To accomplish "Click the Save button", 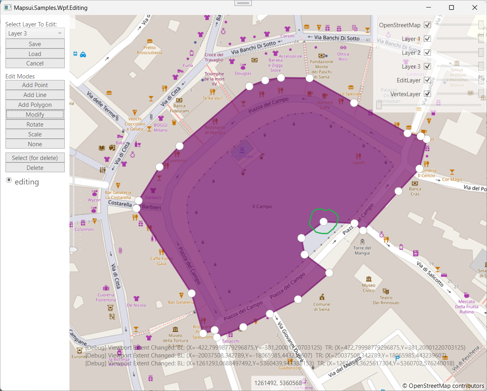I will [x=35, y=44].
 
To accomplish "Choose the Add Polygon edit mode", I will [x=35, y=105].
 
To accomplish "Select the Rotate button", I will [x=35, y=125].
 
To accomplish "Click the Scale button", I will [x=35, y=134].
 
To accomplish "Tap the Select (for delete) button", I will [x=35, y=158].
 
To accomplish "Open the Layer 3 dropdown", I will [x=35, y=34].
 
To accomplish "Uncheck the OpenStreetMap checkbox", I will [x=427, y=25].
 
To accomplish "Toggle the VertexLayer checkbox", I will [x=427, y=94].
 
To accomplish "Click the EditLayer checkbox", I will [x=427, y=80].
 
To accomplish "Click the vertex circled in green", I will [x=324, y=222].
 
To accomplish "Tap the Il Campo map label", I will [x=262, y=207].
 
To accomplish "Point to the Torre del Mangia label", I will [x=362, y=251].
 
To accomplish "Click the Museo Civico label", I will [x=369, y=288].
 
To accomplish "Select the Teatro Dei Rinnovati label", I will [x=386, y=300].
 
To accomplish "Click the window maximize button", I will [x=451, y=7].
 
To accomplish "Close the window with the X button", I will [x=475, y=7].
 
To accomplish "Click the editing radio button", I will [x=9, y=180].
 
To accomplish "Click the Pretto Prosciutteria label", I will [x=150, y=50].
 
